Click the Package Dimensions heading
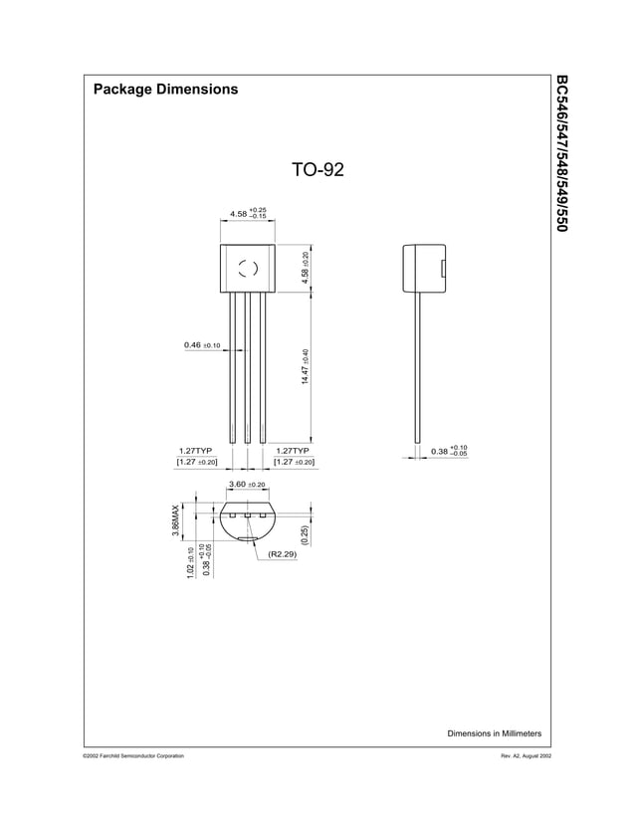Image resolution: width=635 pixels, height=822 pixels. (165, 90)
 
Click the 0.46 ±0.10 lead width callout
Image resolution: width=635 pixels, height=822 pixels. (202, 345)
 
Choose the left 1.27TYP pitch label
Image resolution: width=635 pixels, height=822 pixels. (197, 450)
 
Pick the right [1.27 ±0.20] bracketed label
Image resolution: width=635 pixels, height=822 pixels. (294, 462)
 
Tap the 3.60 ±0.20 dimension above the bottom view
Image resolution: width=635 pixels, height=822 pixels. (247, 484)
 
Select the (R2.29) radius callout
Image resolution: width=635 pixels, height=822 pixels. (282, 555)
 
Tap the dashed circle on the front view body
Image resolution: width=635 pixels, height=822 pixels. (248, 267)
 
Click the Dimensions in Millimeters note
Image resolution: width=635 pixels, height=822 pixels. (494, 733)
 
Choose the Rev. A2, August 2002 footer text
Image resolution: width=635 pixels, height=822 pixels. (512, 757)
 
